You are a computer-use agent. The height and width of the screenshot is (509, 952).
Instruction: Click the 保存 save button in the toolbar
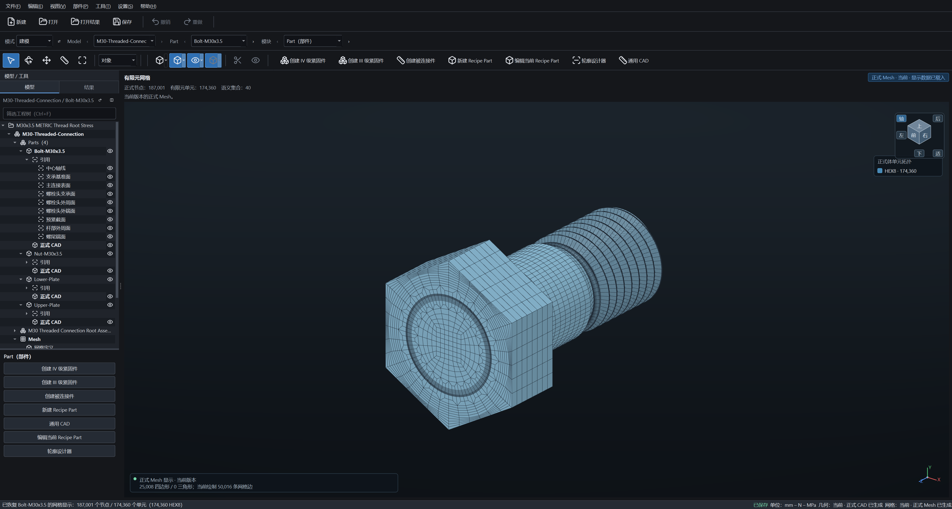tap(122, 22)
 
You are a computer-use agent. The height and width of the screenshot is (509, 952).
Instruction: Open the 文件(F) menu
tap(13, 6)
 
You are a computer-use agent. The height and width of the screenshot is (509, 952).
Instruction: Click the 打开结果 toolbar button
tap(85, 22)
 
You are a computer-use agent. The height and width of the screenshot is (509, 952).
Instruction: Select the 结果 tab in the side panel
tap(89, 87)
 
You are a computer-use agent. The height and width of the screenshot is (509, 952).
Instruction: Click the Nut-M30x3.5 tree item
tap(48, 254)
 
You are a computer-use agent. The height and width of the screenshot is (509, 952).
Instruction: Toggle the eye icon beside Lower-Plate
tap(110, 279)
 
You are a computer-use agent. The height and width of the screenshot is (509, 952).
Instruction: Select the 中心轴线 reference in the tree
tap(56, 168)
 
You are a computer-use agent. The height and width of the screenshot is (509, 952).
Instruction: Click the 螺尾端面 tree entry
tap(56, 236)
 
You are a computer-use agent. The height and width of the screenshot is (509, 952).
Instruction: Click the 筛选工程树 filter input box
tap(59, 113)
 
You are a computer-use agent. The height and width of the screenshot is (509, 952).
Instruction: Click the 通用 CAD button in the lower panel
tap(59, 424)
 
